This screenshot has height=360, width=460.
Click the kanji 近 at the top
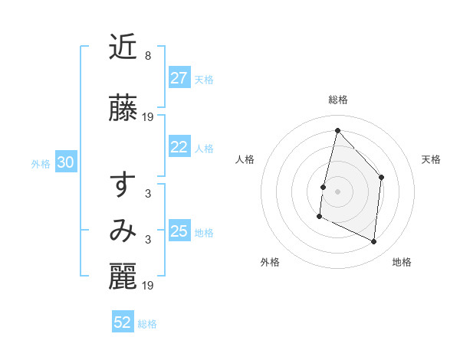[123, 49]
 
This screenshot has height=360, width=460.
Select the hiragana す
[123, 185]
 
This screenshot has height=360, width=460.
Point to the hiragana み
[123, 231]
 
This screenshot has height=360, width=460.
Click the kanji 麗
[123, 278]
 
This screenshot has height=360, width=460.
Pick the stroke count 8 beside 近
[147, 56]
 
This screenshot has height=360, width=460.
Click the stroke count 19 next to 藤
[149, 117]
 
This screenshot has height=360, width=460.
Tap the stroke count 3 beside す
[148, 194]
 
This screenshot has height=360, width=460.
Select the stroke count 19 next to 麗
[149, 286]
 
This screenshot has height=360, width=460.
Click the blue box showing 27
[179, 78]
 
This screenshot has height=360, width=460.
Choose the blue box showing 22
[179, 147]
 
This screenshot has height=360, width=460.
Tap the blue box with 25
[179, 231]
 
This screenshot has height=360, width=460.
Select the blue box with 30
[65, 162]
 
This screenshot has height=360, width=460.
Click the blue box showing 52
[123, 322]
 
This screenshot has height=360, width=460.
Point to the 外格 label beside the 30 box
[41, 163]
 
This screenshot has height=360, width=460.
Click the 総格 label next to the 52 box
[147, 324]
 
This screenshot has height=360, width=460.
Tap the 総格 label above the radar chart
[337, 100]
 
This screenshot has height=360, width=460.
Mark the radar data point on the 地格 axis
[374, 242]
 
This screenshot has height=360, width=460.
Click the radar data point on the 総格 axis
[337, 130]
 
